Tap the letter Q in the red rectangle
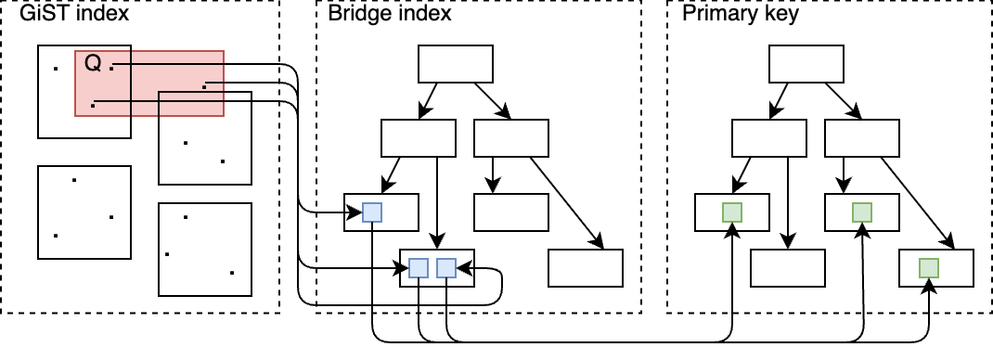pos(93,64)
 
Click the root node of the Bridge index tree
pos(455,64)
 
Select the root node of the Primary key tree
pos(806,64)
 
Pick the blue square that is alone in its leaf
pos(372,212)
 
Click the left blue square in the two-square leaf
pos(419,268)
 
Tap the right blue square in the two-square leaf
pos(446,268)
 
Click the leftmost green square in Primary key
pos(732,212)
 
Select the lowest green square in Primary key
pos(928,268)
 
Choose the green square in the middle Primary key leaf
pos(862,212)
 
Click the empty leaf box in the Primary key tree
pos(787,268)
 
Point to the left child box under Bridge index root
pos(418,138)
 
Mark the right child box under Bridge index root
pos(510,138)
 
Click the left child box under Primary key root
pos(768,138)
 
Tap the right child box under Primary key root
pos(861,138)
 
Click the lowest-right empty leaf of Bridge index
pos(585,268)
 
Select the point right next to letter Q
pos(111,65)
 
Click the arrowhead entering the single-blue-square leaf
pos(338,213)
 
